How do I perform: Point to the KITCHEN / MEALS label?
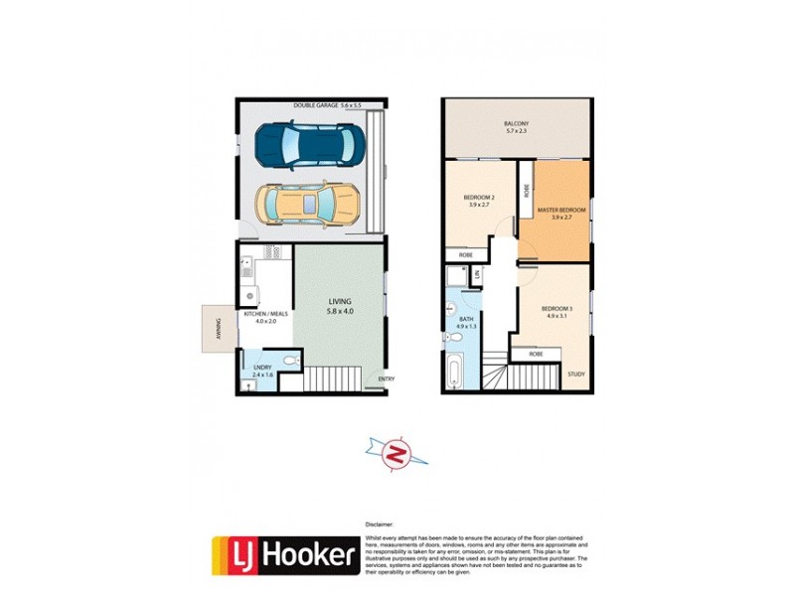pyautogui.click(x=265, y=317)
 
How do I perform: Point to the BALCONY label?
pyautogui.click(x=517, y=128)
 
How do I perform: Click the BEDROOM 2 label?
pyautogui.click(x=480, y=201)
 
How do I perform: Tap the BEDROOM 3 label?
pyautogui.click(x=556, y=312)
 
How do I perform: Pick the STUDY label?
pyautogui.click(x=576, y=374)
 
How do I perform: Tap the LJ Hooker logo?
pyautogui.click(x=284, y=555)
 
